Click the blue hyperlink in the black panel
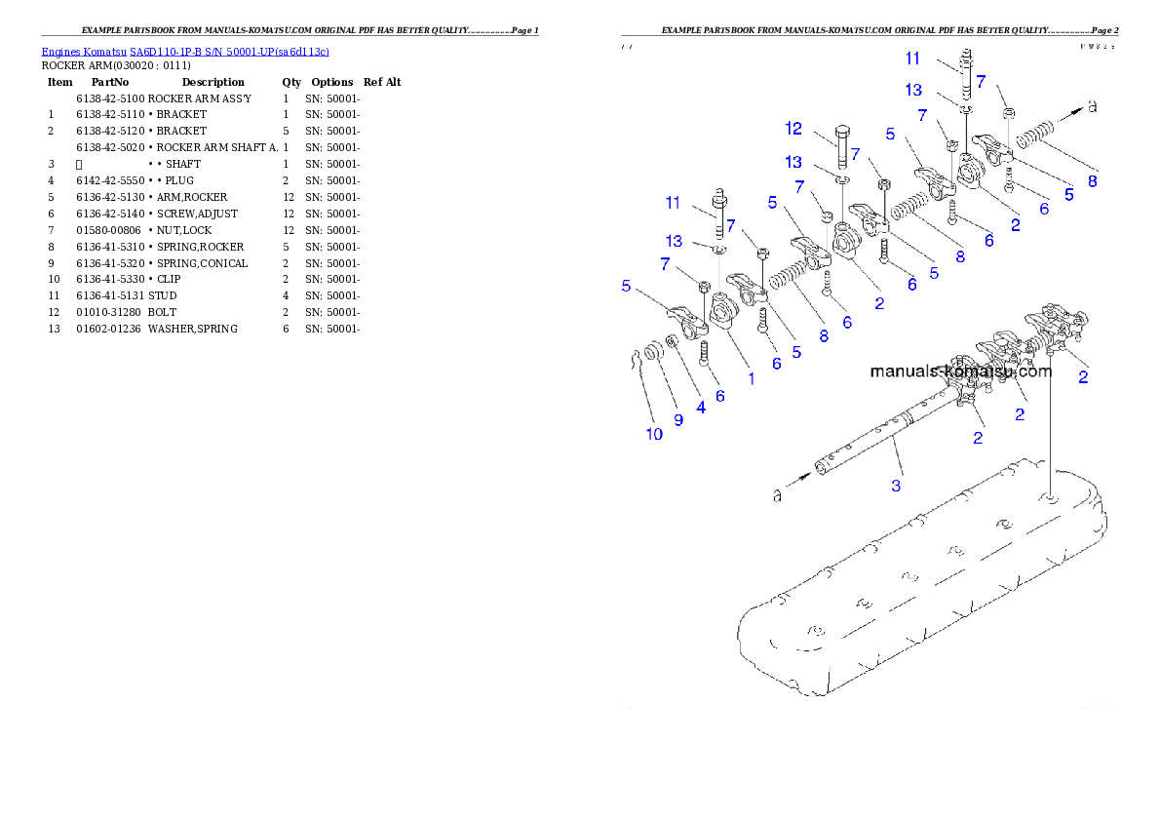point(185,51)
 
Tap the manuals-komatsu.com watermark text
point(960,371)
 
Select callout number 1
point(752,378)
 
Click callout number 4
point(701,408)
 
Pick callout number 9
point(678,419)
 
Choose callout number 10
point(654,434)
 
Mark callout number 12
point(793,129)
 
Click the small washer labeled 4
point(673,344)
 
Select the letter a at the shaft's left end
point(778,496)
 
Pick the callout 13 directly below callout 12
point(793,162)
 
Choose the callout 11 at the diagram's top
point(911,59)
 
